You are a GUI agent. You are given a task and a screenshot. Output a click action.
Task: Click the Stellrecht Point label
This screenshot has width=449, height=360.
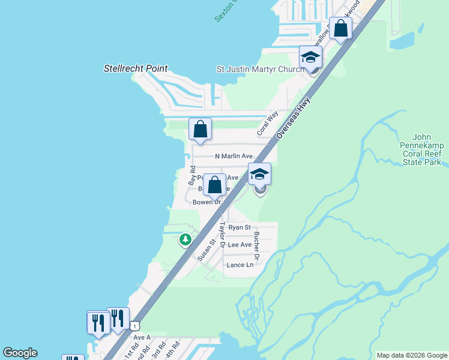point(136,69)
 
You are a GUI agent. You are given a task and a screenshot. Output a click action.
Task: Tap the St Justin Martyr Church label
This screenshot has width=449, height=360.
point(258,70)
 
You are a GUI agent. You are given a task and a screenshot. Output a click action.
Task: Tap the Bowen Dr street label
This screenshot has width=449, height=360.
point(205,202)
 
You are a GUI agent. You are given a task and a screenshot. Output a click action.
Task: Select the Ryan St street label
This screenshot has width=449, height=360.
point(239,227)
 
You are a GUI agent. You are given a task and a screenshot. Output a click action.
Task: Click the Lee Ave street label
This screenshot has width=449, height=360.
point(240,245)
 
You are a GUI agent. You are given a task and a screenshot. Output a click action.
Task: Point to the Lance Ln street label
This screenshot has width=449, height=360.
point(240,265)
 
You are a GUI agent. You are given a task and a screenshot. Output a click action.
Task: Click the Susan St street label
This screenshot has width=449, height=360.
point(206,250)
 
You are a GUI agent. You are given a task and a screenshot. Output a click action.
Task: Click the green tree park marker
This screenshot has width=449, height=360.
point(185,240)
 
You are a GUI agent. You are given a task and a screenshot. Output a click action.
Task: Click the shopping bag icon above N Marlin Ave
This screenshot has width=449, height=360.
point(200,129)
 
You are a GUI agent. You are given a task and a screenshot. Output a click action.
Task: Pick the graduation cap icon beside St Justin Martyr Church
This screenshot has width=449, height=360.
point(311,58)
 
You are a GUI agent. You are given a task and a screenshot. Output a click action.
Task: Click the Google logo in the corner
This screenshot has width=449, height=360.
point(20,353)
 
